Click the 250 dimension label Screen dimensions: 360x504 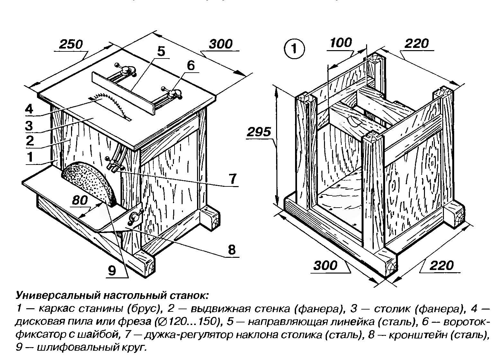pos(71,44)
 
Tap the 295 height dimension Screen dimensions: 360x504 pos(259,132)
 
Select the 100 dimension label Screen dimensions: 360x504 pos(341,42)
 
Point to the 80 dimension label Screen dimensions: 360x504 pos(80,201)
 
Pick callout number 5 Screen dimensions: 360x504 pos(161,51)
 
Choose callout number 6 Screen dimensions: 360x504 pos(191,66)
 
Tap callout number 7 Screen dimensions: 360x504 pos(232,179)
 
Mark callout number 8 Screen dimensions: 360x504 pos(231,249)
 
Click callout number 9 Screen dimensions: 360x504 pos(112,271)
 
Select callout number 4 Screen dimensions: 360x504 pos(29,109)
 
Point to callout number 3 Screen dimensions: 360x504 pos(29,126)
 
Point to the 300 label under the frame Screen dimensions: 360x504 pos(325,265)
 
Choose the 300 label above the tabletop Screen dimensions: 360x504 pos(221,44)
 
